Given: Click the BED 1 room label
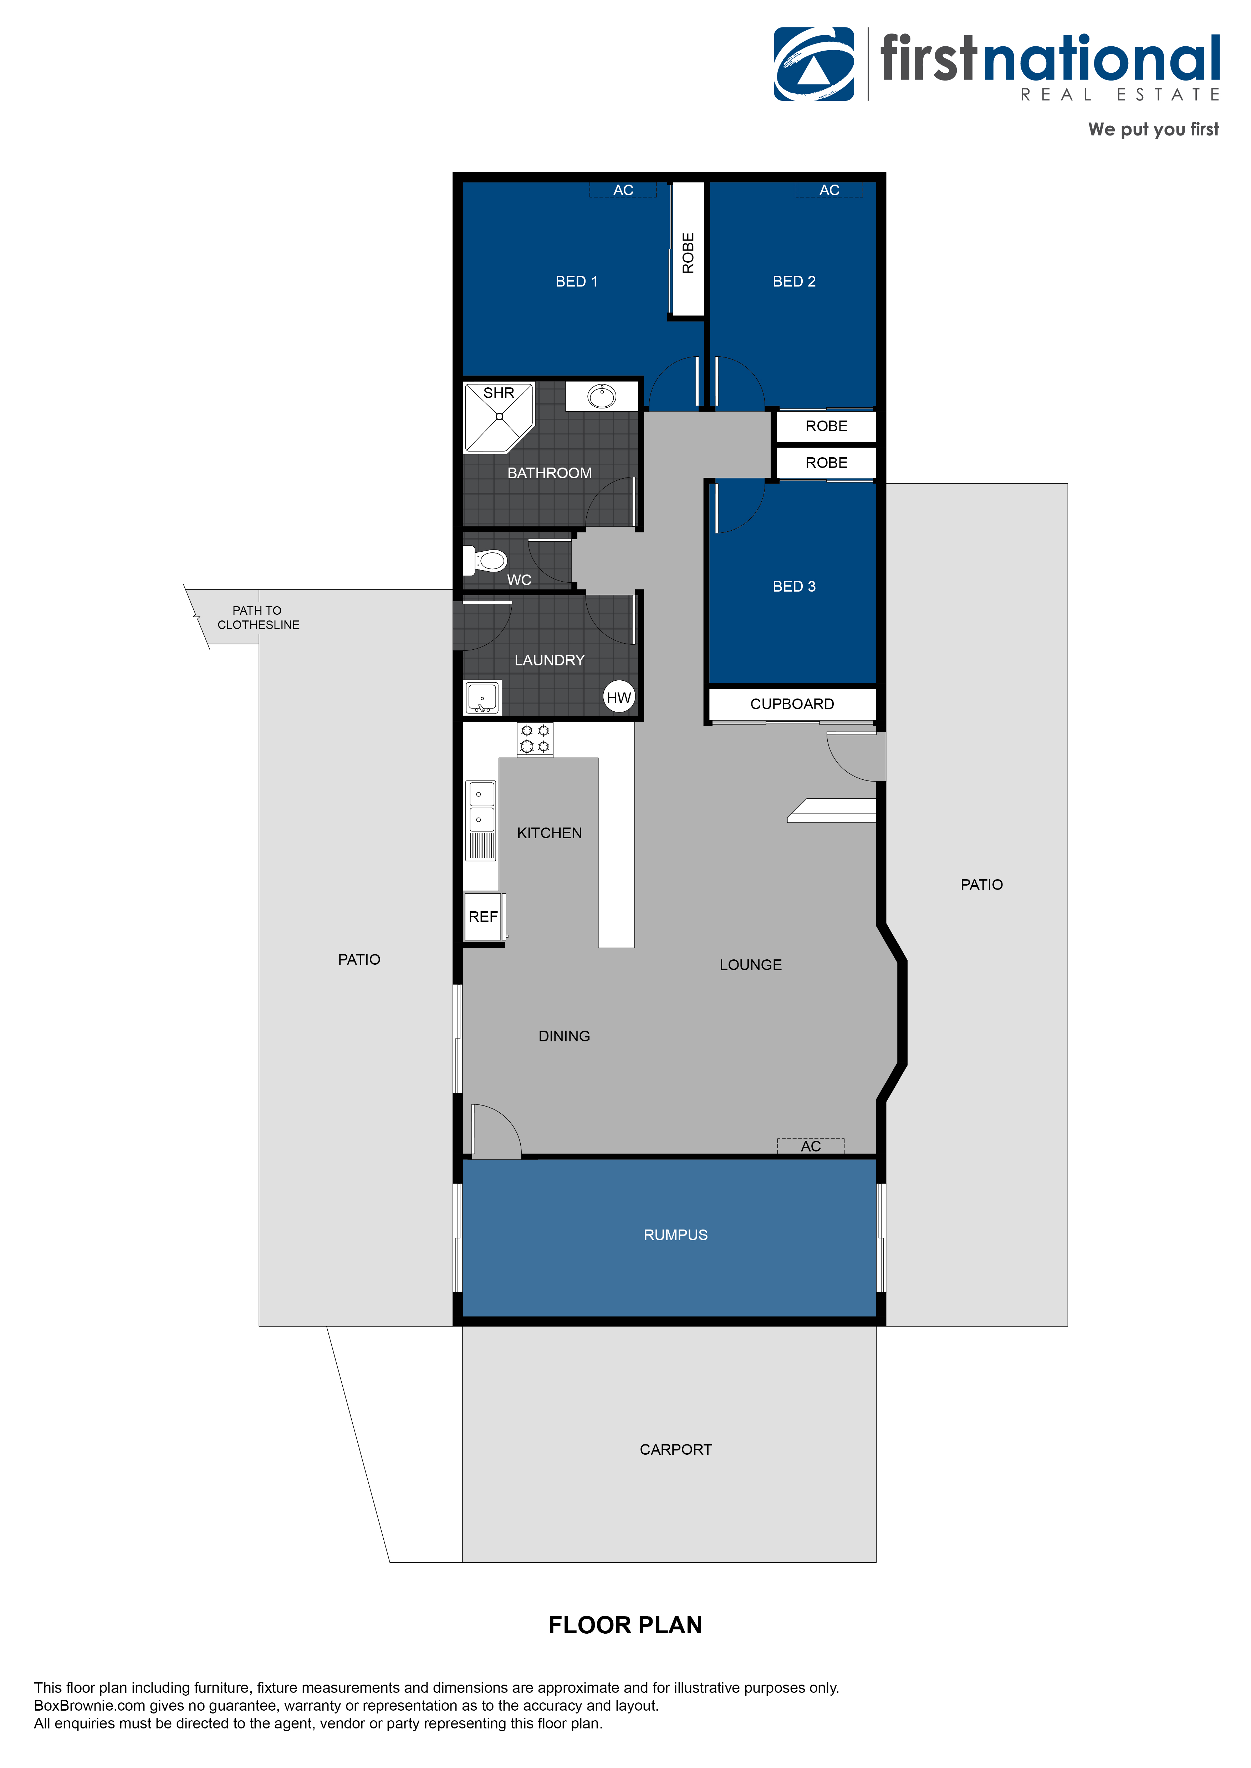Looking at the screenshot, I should pos(576,282).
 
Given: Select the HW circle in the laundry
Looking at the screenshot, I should pos(619,698).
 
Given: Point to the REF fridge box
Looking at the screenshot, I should pos(483,916).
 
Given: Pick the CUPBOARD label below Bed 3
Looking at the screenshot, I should pos(792,704).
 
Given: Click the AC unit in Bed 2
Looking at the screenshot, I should pos(829,190).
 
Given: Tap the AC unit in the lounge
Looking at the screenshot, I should pos(810,1146).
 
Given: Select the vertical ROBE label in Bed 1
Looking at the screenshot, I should pos(688,253).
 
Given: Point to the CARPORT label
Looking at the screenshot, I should pos(675,1449).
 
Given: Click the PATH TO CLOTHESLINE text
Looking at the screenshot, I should pos(258,618).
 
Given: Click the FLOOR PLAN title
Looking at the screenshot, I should pos(625,1625).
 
